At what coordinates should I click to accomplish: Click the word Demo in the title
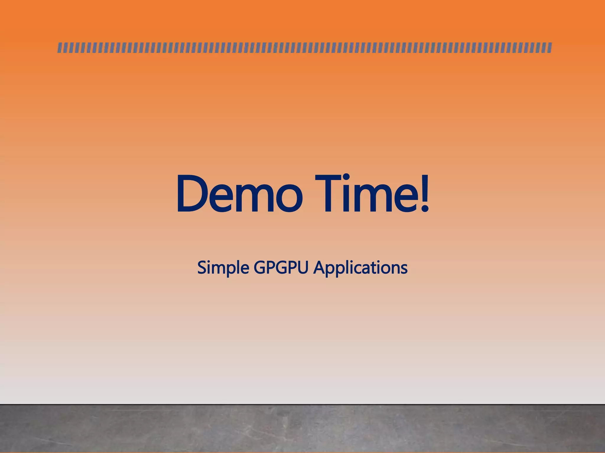pos(239,193)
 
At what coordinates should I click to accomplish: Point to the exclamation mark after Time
pos(424,193)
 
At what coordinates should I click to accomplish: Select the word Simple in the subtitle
pos(223,268)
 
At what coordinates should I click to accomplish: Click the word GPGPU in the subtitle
pos(281,268)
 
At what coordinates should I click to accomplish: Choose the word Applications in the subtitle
pos(360,268)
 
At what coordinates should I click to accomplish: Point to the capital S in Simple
pos(202,268)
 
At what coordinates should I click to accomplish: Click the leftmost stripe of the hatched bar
pos(59,48)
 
